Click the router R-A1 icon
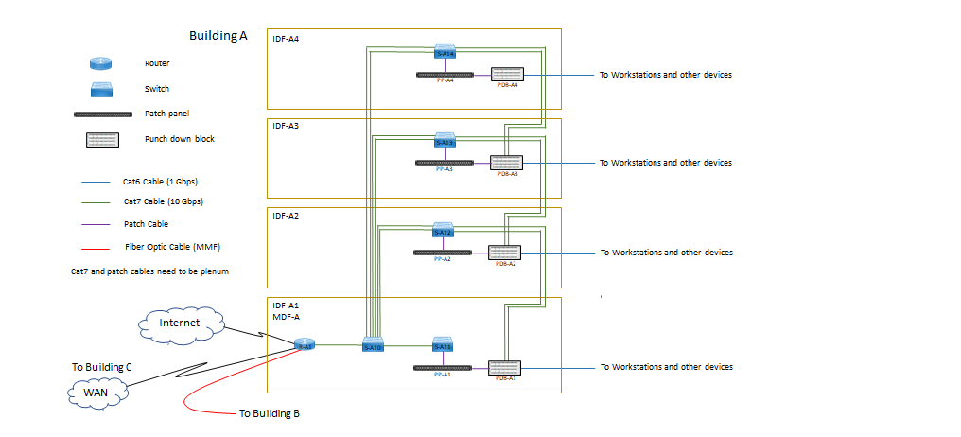304,345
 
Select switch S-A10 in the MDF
373,345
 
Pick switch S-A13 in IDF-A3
445,140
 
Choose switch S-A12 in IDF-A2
443,229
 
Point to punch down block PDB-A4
508,74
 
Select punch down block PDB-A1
503,368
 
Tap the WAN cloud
95,391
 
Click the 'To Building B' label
270,413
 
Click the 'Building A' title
218,36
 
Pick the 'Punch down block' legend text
180,139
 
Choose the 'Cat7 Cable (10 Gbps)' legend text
163,201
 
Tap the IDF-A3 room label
286,126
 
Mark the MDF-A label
287,317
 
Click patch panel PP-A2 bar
443,252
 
